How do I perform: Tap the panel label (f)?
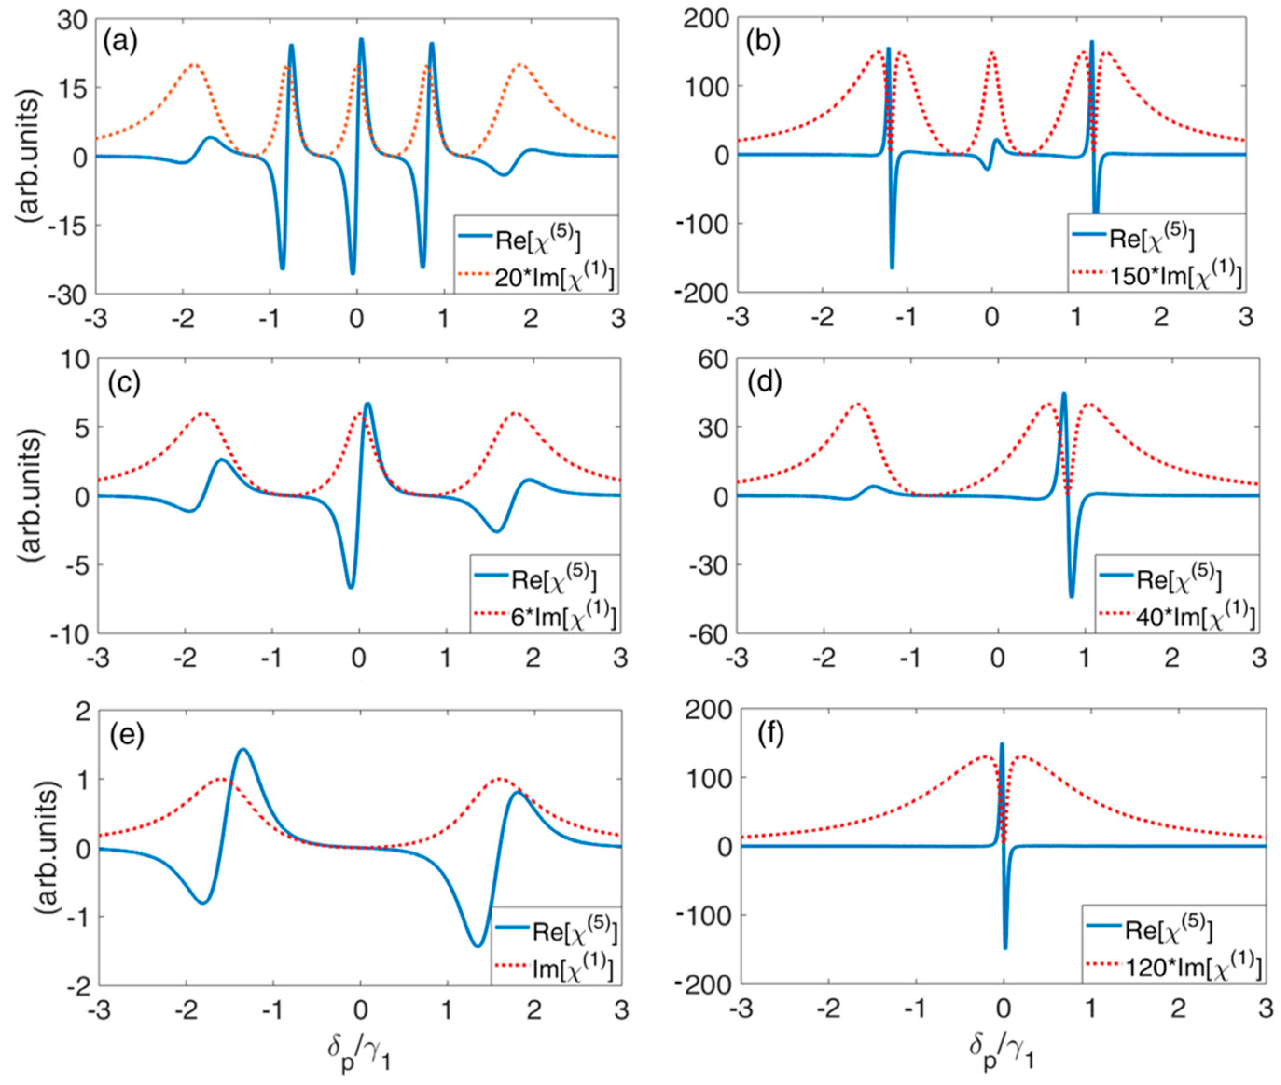point(765,735)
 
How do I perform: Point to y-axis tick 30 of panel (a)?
point(73,19)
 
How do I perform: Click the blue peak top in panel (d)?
point(1064,394)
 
